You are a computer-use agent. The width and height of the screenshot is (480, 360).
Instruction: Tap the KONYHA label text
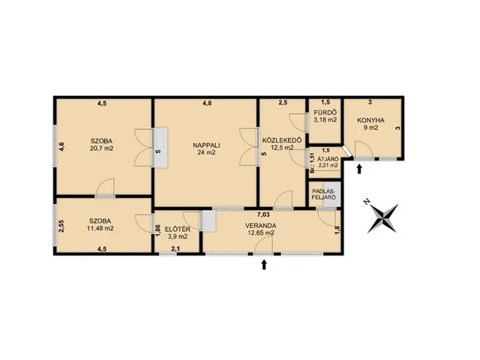(x=370, y=120)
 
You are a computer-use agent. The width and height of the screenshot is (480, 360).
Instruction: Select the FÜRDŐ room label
(x=325, y=112)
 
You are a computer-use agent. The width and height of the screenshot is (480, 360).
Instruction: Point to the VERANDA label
(x=260, y=226)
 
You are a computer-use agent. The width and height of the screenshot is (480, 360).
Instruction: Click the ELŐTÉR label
(x=178, y=229)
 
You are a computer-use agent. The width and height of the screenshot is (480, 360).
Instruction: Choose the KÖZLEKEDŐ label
(x=282, y=140)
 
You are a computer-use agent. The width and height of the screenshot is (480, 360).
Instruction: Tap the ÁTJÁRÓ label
(x=328, y=159)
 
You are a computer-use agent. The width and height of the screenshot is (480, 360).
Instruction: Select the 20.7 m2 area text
(x=101, y=148)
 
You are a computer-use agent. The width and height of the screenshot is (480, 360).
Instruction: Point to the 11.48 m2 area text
(x=100, y=228)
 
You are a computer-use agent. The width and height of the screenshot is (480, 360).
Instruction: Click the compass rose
(x=382, y=218)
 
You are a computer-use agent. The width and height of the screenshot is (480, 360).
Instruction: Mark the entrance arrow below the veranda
(x=264, y=265)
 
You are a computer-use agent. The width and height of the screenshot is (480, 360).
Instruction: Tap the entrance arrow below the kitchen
(x=359, y=169)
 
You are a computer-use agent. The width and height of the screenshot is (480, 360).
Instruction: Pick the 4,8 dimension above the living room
(x=207, y=103)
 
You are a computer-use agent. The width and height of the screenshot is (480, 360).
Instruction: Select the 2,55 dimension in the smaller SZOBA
(x=61, y=227)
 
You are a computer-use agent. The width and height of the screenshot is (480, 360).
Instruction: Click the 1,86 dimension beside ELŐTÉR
(x=158, y=230)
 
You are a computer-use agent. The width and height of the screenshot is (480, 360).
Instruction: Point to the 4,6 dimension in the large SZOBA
(x=61, y=147)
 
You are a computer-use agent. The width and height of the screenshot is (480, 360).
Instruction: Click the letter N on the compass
(x=366, y=202)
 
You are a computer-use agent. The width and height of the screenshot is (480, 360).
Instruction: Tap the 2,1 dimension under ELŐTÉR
(x=175, y=249)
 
